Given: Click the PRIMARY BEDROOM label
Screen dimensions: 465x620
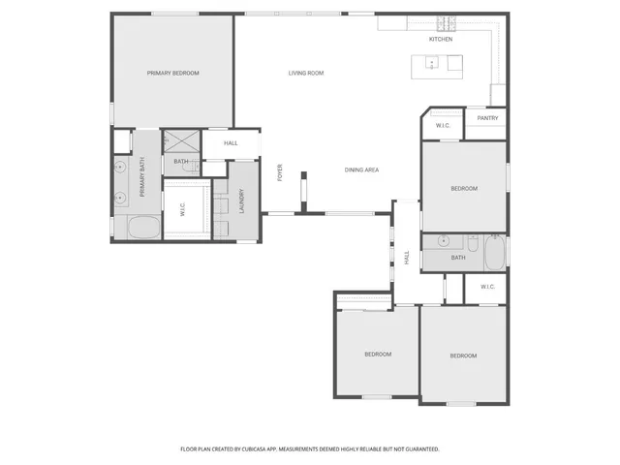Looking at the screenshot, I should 172,74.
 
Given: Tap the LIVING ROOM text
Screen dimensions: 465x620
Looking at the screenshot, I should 305,74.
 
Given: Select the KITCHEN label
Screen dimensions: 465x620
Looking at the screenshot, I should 441,39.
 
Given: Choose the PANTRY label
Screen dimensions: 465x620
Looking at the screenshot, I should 487,118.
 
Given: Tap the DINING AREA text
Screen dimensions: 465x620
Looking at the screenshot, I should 361,170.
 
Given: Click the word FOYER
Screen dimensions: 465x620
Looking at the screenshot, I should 281,173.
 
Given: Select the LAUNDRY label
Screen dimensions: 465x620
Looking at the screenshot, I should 242,201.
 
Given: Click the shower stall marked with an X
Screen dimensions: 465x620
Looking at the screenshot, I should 180,139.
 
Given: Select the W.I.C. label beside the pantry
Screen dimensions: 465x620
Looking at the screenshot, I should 443,126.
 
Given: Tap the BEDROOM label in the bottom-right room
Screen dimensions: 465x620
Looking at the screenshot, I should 463,356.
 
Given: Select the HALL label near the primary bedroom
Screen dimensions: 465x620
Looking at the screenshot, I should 231,143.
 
